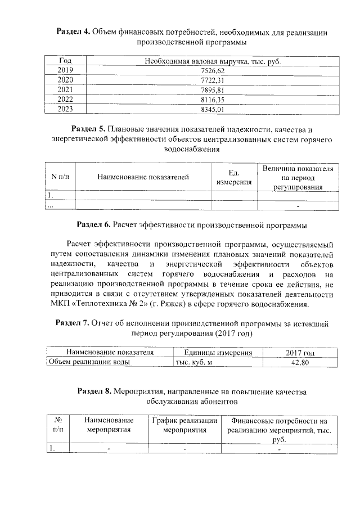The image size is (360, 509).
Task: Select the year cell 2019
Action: pyautogui.click(x=66, y=70)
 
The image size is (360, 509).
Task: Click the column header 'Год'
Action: pyautogui.click(x=66, y=61)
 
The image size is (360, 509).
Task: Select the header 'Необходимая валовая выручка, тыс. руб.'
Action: pyautogui.click(x=212, y=61)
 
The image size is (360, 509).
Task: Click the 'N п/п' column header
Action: pyautogui.click(x=60, y=177)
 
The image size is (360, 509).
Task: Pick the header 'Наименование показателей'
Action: pyautogui.click(x=143, y=177)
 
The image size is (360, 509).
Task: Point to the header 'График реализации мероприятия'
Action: pyautogui.click(x=183, y=425)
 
